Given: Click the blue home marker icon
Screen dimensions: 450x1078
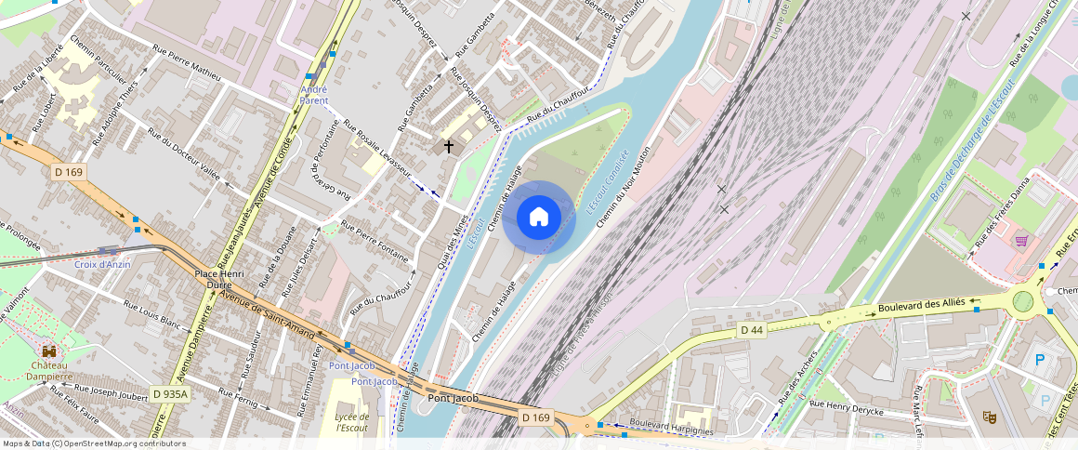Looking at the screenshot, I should point(539,218).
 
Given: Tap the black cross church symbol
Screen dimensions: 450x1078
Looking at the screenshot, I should point(449,146).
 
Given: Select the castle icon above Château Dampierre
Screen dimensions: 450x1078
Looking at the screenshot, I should point(48,352).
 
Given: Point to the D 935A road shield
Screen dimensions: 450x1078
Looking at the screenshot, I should point(169,394).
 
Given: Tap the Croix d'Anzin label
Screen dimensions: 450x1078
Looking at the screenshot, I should point(102,264).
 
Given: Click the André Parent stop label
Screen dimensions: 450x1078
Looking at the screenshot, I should point(314,95).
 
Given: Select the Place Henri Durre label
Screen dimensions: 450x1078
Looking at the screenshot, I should point(219,280).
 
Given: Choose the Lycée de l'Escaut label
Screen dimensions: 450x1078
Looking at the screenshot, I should point(351,422).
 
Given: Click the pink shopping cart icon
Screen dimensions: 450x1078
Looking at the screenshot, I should point(1021,241).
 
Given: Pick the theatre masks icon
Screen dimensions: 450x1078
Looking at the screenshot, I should point(990,418).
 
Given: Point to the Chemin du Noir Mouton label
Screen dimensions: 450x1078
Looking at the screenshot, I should point(622,187).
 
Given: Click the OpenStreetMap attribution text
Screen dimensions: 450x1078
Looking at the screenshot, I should point(93,443).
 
